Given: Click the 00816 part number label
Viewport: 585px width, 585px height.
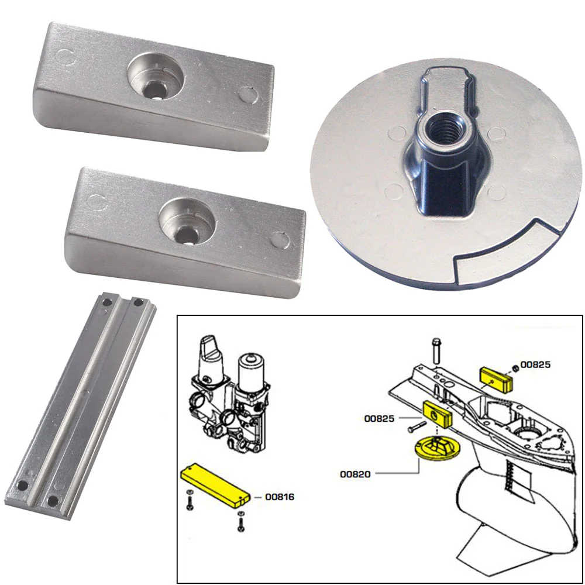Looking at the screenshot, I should (x=280, y=497).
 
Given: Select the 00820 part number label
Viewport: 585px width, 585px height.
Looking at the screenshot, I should (x=356, y=474).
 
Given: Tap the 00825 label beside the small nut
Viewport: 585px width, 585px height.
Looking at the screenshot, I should (x=535, y=364).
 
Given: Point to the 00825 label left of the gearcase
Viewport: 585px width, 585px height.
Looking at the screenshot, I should (x=379, y=418).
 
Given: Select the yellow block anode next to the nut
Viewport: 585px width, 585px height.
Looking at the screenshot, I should (x=496, y=378).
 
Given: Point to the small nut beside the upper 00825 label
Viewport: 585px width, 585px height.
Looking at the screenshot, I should (x=513, y=367).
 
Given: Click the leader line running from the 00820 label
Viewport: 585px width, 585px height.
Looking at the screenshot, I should (x=398, y=473).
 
